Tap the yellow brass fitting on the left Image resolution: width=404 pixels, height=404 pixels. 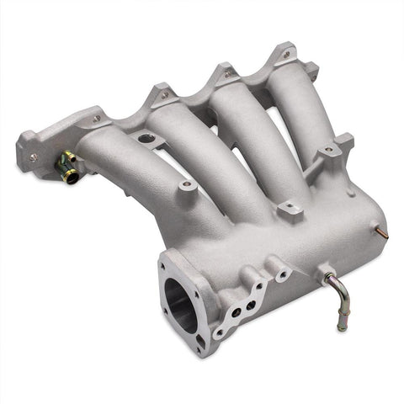point(67,166)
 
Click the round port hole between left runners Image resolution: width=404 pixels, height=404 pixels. point(146,137)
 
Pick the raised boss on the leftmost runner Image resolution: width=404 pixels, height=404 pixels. point(185,184)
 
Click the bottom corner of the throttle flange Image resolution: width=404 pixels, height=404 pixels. point(199,346)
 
